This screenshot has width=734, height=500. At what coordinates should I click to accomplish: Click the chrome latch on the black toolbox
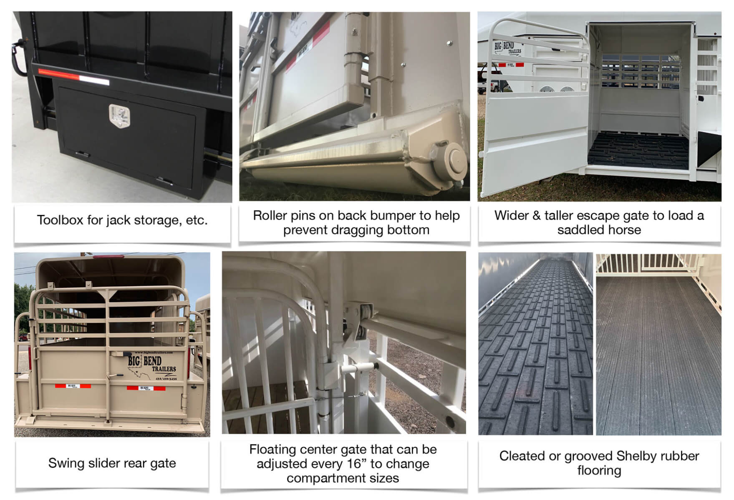pos(120,115)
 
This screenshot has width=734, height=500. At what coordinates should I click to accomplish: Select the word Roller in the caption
pos(271,215)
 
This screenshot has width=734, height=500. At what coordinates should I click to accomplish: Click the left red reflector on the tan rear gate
pos(73,386)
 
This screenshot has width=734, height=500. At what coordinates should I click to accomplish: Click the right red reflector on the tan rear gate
pos(146,388)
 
